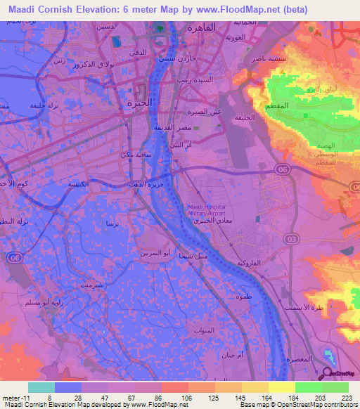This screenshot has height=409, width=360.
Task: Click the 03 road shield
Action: coord(289,240)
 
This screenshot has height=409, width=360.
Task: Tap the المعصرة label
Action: coord(300,358)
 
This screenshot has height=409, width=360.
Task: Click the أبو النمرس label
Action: coord(155,252)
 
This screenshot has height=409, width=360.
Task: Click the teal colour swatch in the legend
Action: coord(41,387)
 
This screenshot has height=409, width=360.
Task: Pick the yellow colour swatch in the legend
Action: coord(281,387)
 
